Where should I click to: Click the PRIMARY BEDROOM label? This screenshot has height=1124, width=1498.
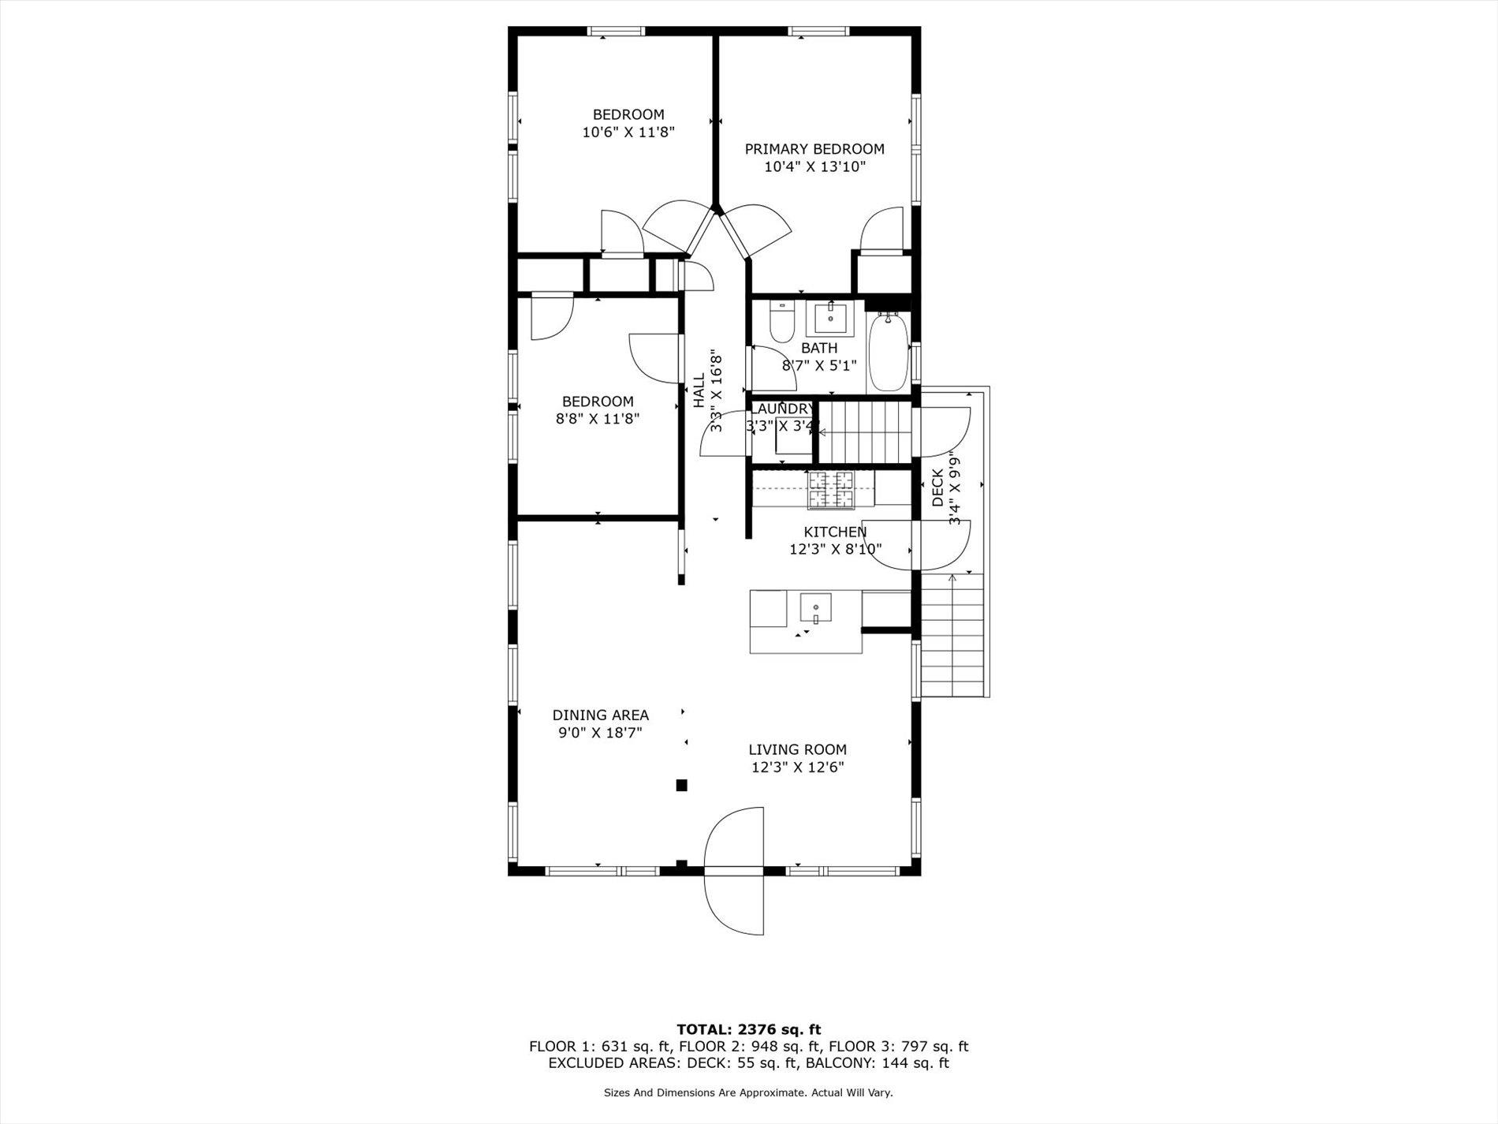814,149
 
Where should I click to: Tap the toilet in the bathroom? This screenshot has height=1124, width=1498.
781,323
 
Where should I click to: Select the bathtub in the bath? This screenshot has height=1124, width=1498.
889,353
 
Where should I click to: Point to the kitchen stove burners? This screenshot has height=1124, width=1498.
829,489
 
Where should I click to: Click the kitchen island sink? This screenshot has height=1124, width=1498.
816,608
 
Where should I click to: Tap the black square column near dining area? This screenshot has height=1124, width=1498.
681,785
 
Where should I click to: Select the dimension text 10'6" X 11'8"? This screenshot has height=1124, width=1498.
628,133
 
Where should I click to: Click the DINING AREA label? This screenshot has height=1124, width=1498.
600,715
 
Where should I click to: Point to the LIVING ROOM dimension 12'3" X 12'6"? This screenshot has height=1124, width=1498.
797,767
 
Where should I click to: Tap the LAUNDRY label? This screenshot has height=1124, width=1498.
781,409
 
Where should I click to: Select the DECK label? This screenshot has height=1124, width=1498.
937,487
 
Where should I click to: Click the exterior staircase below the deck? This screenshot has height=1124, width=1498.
953,635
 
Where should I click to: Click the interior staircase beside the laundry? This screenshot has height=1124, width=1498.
865,431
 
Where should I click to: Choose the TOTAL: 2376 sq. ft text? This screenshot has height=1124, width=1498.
748,1029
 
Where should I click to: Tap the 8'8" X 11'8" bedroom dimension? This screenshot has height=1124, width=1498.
597,419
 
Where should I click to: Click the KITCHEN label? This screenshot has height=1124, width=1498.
835,532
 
